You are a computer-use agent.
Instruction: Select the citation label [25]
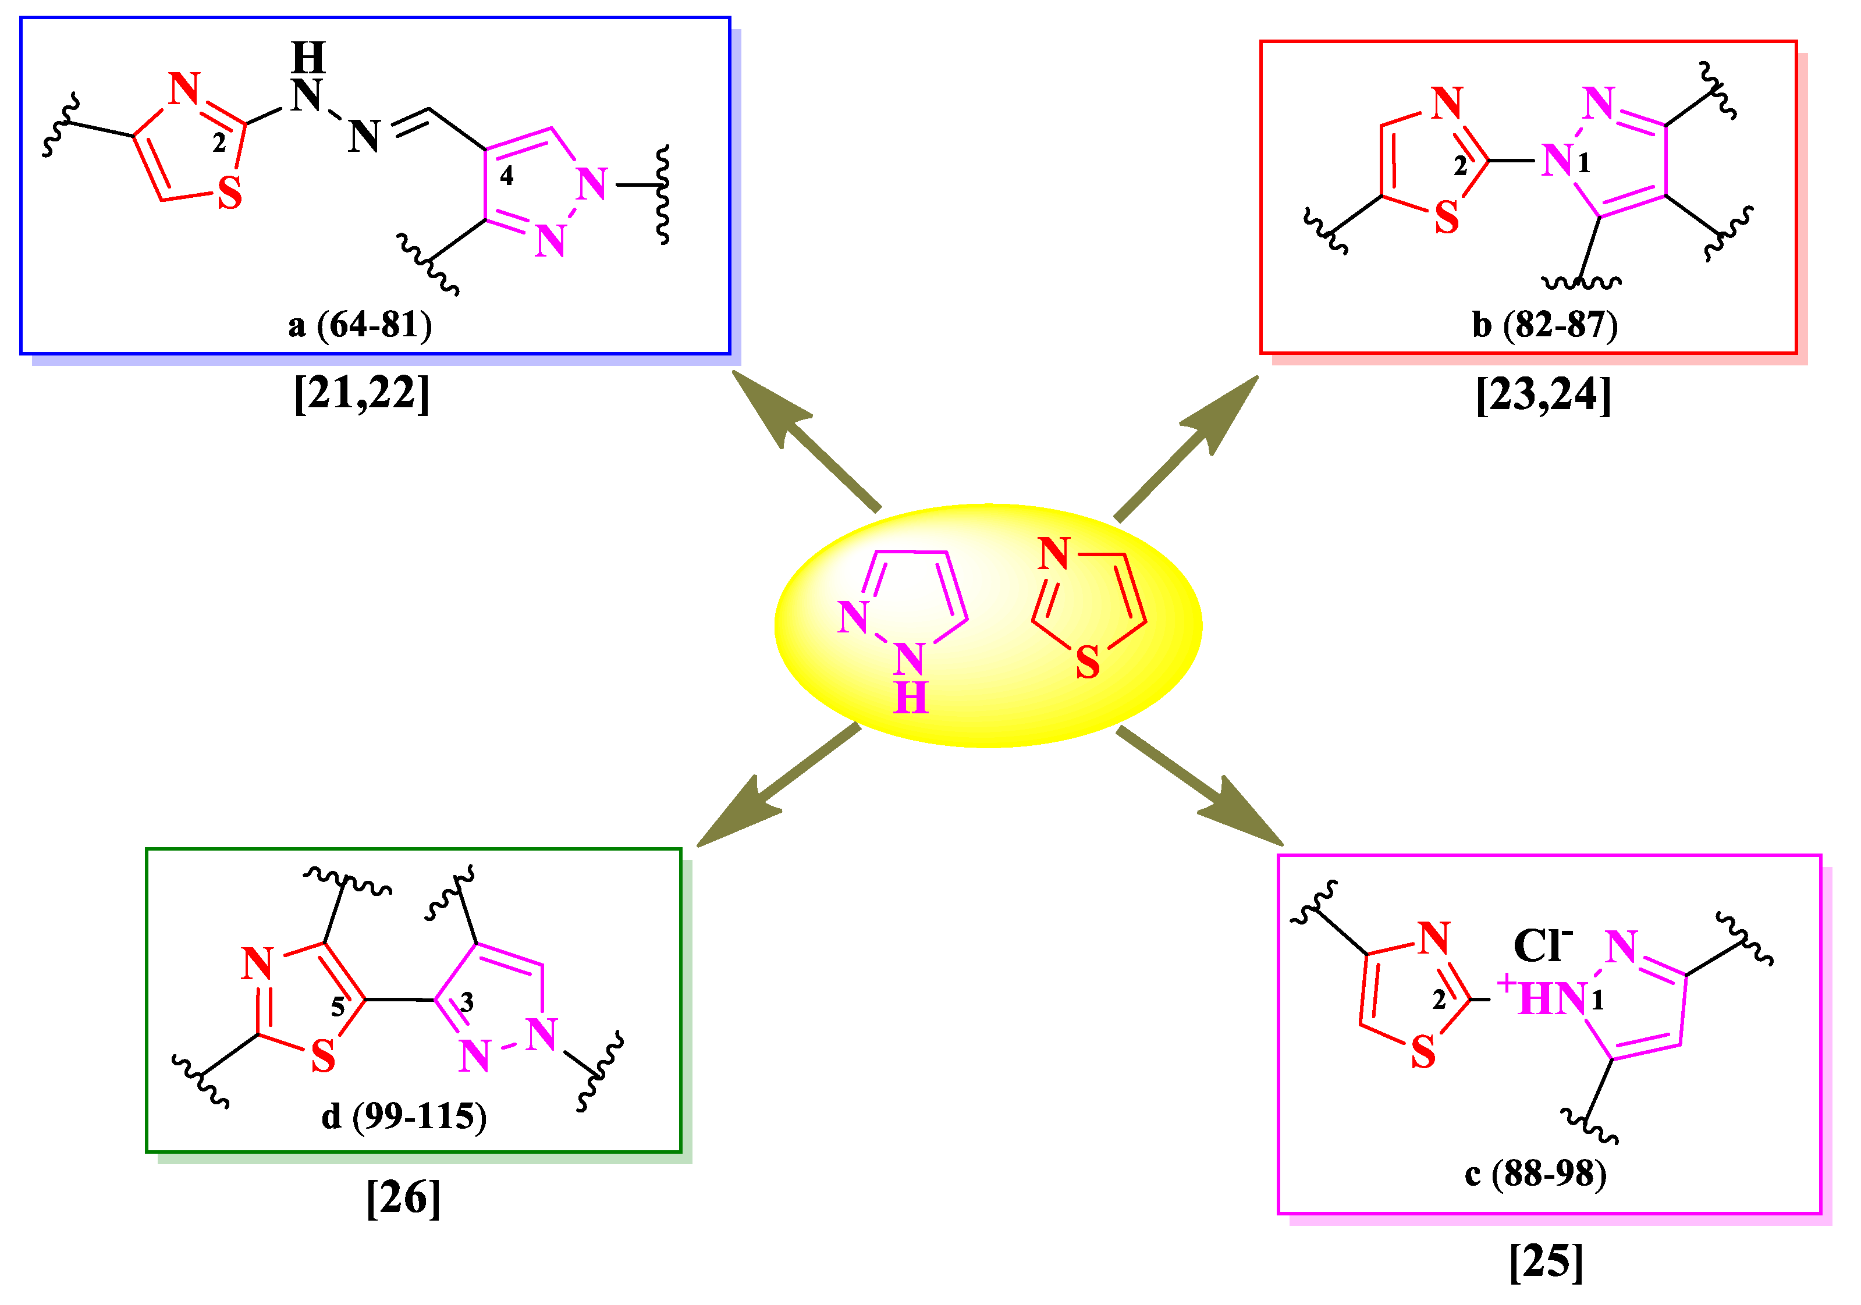click(x=1545, y=1261)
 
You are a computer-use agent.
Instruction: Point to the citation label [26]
click(x=403, y=1197)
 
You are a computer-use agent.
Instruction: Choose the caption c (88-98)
click(x=1535, y=1173)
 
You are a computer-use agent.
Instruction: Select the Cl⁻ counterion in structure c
click(x=1542, y=945)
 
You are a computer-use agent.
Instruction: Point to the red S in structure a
click(x=230, y=194)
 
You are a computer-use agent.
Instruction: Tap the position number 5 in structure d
click(x=337, y=1007)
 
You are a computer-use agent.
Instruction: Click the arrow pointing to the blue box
click(x=802, y=438)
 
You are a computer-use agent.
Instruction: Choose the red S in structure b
click(x=1447, y=217)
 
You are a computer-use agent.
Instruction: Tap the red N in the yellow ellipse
click(x=1054, y=554)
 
